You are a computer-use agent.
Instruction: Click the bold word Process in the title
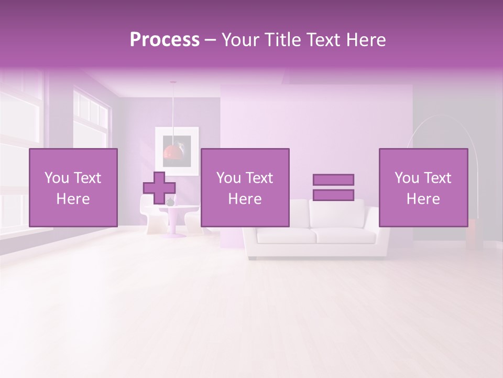point(165,40)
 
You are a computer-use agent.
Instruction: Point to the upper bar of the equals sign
point(333,180)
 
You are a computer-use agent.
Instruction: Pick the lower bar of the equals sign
point(333,195)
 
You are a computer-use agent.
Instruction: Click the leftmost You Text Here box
point(73,187)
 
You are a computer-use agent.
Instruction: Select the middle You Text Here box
point(245,187)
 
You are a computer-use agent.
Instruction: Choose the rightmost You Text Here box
point(423,187)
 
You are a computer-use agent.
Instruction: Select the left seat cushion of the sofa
point(286,236)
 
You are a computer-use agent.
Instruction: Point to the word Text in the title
point(323,40)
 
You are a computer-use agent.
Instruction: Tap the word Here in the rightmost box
point(423,199)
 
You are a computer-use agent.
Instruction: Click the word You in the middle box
point(228,178)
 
